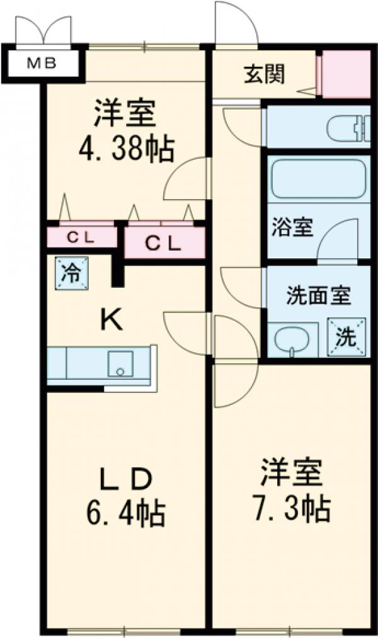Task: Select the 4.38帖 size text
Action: click(x=126, y=150)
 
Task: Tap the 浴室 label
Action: click(x=292, y=227)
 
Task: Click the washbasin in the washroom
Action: click(x=292, y=341)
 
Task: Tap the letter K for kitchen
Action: click(x=113, y=321)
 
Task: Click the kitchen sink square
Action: click(x=120, y=365)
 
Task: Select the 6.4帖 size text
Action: click(x=125, y=513)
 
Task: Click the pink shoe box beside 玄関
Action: click(x=346, y=74)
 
